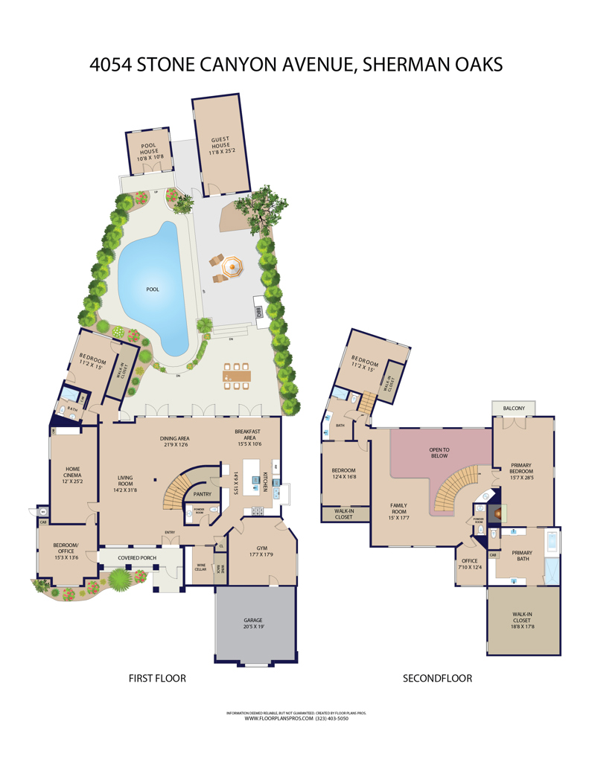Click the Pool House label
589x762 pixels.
point(150,150)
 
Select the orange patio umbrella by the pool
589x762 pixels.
point(233,266)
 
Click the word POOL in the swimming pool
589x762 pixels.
point(152,289)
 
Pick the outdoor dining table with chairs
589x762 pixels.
point(237,375)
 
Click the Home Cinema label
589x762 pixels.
point(71,474)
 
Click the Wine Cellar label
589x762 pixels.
point(200,568)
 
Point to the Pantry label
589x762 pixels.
point(203,493)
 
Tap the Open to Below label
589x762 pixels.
point(439,453)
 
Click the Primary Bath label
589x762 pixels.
point(522,556)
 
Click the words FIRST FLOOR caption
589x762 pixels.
point(157,678)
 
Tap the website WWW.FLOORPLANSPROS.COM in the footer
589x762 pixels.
point(267,718)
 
